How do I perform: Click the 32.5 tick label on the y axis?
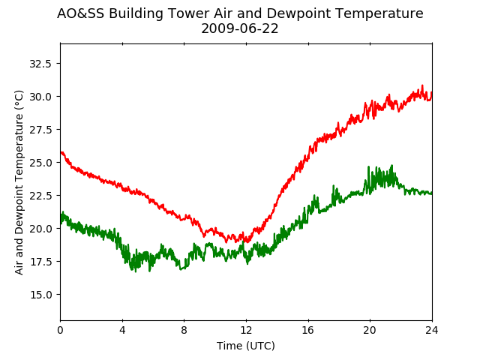(x=40, y=64)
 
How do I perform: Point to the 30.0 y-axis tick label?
(x=40, y=97)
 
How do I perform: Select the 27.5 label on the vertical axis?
(x=40, y=130)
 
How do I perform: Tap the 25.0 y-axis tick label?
(x=40, y=163)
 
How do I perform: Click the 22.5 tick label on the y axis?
(x=40, y=196)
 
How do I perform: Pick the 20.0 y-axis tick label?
(x=40, y=229)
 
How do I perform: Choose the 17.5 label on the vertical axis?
(x=40, y=262)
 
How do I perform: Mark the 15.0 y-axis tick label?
(x=40, y=295)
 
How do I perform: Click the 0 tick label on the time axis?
(x=60, y=330)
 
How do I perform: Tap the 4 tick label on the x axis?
(x=122, y=330)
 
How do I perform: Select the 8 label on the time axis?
(x=184, y=330)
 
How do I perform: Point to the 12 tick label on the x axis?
(x=246, y=330)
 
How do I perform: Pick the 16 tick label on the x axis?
(x=308, y=330)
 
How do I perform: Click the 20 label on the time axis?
(x=370, y=330)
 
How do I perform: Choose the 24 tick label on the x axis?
(x=432, y=330)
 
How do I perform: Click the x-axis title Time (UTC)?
(x=246, y=346)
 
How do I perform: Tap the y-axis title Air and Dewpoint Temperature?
(x=19, y=183)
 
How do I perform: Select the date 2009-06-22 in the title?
(x=240, y=29)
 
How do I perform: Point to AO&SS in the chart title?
(x=80, y=13)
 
